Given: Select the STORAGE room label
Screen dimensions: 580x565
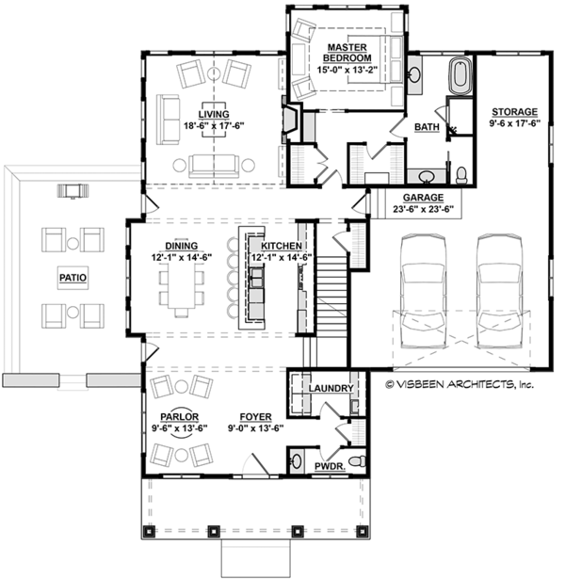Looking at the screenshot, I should pyautogui.click(x=514, y=109).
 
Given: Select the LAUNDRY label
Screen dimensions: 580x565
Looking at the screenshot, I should pyautogui.click(x=330, y=388).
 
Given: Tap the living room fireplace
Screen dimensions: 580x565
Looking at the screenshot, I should pyautogui.click(x=291, y=123).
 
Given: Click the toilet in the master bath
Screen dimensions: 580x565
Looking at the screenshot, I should pyautogui.click(x=460, y=174).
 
